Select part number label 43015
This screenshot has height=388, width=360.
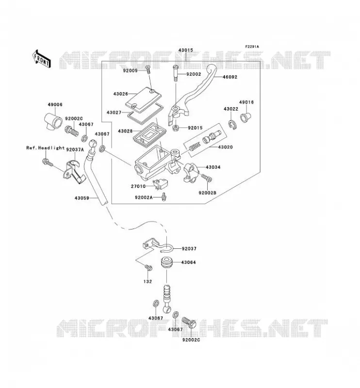(185, 50)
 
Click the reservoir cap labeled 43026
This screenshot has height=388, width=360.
(143, 98)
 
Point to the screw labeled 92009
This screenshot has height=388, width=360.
(147, 70)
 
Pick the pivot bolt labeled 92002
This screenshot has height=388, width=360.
(176, 73)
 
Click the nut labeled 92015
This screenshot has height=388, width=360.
(176, 128)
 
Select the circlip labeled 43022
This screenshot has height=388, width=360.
(232, 125)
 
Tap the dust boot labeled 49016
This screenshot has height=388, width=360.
(245, 117)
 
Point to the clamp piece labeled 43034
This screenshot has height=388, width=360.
(191, 172)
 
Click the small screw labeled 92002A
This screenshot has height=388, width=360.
(164, 197)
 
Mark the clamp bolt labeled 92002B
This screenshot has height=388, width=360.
(207, 178)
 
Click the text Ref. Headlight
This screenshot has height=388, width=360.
(46, 148)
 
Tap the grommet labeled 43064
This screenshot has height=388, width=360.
(167, 263)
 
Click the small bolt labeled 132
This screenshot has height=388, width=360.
(148, 268)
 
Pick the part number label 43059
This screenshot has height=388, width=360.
(82, 198)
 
